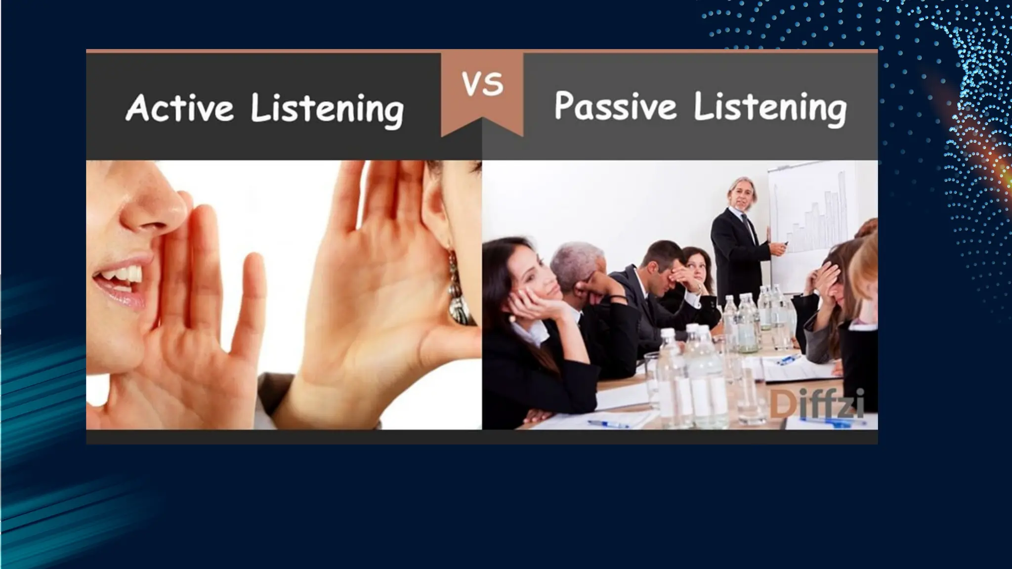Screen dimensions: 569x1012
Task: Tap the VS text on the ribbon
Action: click(x=482, y=83)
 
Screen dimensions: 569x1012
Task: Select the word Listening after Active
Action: click(x=327, y=109)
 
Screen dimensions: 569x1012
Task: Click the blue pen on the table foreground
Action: click(x=607, y=424)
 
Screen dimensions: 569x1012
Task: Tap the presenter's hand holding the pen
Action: click(x=778, y=246)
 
